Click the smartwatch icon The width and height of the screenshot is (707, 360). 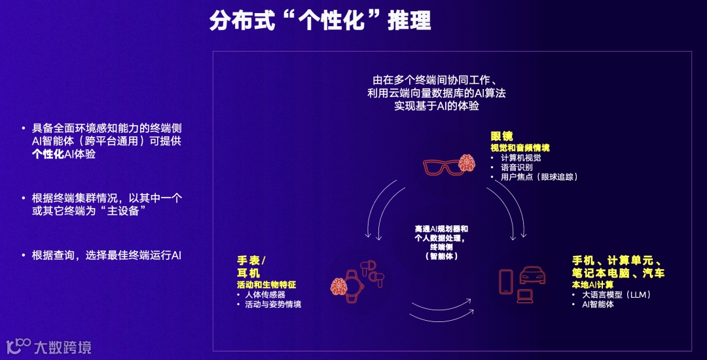tap(354, 282)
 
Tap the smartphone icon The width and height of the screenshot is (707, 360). tap(506, 281)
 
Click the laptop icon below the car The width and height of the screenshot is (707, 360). tap(526, 295)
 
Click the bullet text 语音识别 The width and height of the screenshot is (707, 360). tap(517, 167)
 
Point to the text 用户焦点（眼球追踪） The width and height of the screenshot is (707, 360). tap(539, 177)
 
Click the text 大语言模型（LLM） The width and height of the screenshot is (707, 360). tap(616, 295)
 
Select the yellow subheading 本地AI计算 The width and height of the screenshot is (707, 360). tap(592, 285)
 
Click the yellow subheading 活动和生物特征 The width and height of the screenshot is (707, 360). tap(266, 285)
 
